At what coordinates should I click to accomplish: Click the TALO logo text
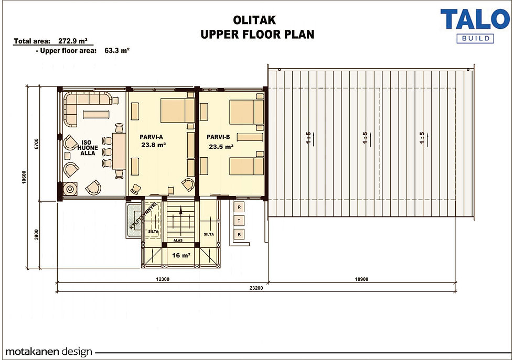[x=475, y=19]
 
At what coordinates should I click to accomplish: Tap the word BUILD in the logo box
[x=475, y=38]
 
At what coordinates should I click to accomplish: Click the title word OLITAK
[x=254, y=20]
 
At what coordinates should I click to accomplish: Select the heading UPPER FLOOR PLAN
[x=258, y=34]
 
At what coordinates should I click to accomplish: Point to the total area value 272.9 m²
[x=73, y=41]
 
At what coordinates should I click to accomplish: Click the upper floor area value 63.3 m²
[x=117, y=50]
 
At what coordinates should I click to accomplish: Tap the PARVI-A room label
[x=151, y=137]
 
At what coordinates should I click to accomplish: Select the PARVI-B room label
[x=218, y=137]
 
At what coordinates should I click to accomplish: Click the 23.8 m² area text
[x=153, y=145]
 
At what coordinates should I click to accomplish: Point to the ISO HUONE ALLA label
[x=88, y=148]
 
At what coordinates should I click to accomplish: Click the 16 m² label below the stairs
[x=181, y=255]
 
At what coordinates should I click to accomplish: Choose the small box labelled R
[x=239, y=207]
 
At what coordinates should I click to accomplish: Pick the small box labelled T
[x=239, y=221]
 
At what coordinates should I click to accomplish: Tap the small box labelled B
[x=239, y=235]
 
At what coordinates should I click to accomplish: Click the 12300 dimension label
[x=163, y=279]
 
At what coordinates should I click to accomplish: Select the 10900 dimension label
[x=361, y=279]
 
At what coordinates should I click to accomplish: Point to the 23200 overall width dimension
[x=256, y=288]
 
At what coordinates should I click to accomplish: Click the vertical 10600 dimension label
[x=24, y=177]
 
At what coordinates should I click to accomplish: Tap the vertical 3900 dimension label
[x=36, y=234]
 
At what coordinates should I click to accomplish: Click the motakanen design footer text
[x=49, y=352]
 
